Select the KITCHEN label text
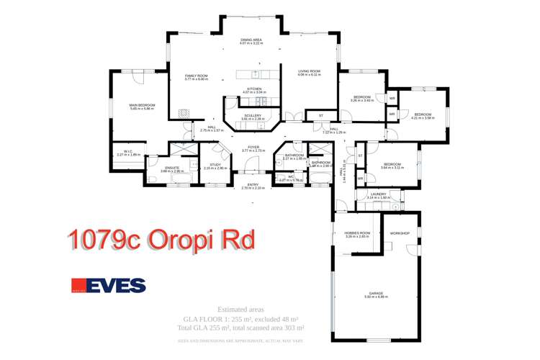pos(254,90)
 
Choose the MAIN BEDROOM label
pos(142,107)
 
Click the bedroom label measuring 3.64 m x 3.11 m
pos(392,166)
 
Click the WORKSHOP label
pos(400,233)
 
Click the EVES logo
pos(108,286)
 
